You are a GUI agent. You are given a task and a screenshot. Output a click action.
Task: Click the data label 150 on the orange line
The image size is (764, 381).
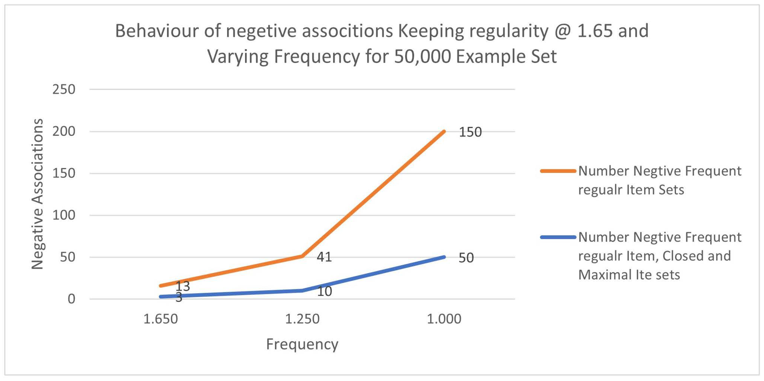pyautogui.click(x=470, y=132)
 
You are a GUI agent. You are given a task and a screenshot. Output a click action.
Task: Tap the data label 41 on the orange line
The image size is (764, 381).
pyautogui.click(x=324, y=257)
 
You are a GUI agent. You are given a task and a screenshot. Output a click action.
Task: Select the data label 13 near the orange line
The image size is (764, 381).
pyautogui.click(x=183, y=286)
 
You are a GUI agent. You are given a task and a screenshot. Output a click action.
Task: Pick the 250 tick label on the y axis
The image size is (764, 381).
pyautogui.click(x=64, y=89)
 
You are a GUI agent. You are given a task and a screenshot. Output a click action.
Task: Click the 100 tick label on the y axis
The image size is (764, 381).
pyautogui.click(x=64, y=215)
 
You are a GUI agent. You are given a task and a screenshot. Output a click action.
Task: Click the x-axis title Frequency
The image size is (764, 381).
pyautogui.click(x=302, y=344)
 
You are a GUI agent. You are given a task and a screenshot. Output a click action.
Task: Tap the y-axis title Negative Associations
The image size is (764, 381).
pyautogui.click(x=38, y=194)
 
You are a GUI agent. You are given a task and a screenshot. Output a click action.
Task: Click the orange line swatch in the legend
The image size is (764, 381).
pyautogui.click(x=558, y=171)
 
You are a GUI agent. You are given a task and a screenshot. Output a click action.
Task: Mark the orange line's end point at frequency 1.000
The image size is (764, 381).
pyautogui.click(x=444, y=132)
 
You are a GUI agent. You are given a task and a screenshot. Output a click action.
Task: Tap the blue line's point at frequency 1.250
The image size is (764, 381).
pyautogui.click(x=302, y=290)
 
